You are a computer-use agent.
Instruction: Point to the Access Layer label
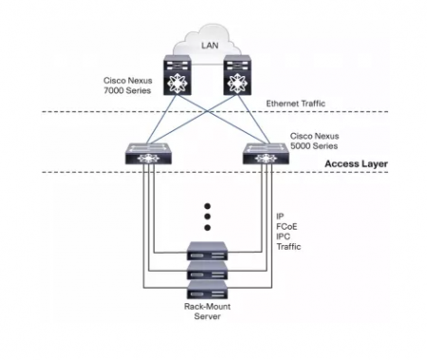tap(356, 163)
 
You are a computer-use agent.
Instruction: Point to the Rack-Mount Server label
tap(207, 313)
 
